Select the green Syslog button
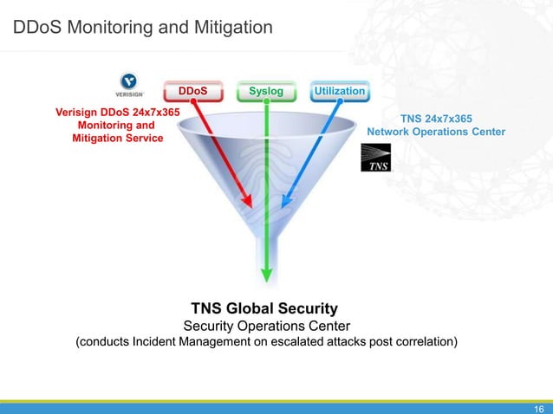click(x=265, y=90)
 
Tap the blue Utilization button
click(x=339, y=90)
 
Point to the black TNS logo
click(x=375, y=158)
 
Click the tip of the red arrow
click(x=250, y=206)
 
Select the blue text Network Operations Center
click(x=436, y=132)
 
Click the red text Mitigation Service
click(x=117, y=138)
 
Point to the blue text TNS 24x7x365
click(x=436, y=118)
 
